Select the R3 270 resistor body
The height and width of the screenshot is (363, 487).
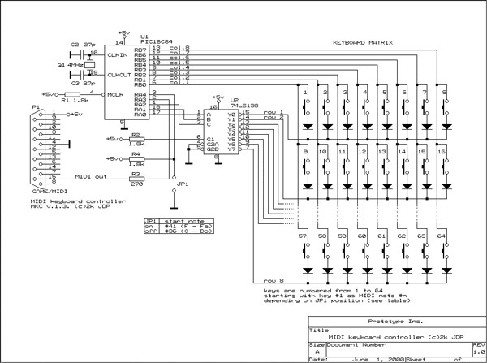coord(136,178)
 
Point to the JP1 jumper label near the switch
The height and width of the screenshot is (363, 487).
coord(183,184)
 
